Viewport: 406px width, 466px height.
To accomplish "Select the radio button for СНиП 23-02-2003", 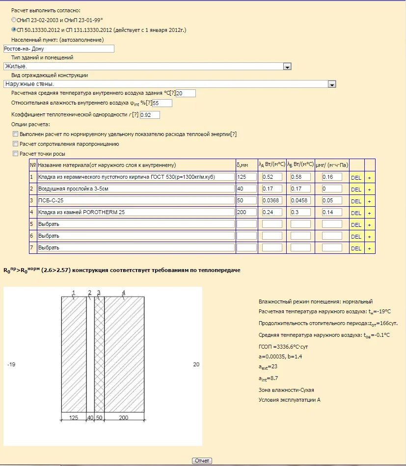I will [14, 20].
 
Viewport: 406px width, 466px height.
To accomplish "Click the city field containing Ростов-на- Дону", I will [58, 49].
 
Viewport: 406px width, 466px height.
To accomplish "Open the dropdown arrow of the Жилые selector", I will [288, 66].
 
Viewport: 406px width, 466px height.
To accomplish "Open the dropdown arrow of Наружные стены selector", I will [332, 84].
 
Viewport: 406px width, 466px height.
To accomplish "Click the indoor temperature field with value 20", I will [186, 93].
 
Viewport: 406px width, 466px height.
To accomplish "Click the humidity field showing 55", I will [162, 103].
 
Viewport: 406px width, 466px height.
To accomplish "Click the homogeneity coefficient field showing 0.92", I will [150, 115].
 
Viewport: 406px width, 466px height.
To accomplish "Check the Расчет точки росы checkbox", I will [16, 154].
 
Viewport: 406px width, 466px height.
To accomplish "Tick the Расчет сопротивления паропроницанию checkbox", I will [16, 144].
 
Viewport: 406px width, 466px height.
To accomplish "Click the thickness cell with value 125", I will [246, 177].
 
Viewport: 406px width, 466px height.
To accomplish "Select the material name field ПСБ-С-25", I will [136, 200].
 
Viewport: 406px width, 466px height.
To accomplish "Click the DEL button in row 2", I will [356, 189].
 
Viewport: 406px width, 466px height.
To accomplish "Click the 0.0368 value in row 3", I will [272, 200].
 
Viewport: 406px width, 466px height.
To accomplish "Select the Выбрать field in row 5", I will [136, 224].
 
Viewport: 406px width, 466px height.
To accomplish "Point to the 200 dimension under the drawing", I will [124, 417].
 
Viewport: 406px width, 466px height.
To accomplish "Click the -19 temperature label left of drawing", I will [12, 365].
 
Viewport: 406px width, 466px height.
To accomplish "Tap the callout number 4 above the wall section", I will [124, 293].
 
